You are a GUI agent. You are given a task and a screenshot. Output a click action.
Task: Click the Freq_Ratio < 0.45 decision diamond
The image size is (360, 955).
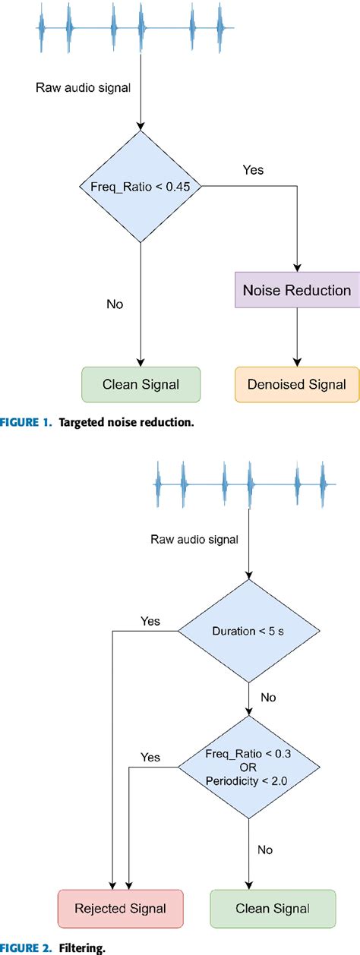pos(141,187)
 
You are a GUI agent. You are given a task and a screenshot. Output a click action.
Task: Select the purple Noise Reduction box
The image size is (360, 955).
pos(296,291)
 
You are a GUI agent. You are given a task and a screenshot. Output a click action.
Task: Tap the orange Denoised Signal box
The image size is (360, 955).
pos(295,384)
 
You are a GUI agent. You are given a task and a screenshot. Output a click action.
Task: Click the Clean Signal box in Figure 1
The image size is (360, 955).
pos(141,384)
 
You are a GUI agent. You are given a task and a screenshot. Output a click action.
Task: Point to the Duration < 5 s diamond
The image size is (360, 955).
pos(249,629)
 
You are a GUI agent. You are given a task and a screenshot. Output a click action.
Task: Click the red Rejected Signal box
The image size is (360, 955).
pos(120,909)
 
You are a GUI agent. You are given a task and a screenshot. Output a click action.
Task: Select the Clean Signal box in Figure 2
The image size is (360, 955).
pos(271,909)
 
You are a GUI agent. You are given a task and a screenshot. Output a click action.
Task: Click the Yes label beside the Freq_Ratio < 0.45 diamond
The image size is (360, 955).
pos(253,169)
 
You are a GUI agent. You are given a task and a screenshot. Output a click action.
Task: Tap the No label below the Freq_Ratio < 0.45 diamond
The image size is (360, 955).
pos(115,304)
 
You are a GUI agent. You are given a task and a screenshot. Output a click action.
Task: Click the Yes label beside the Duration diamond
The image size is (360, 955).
pos(150,621)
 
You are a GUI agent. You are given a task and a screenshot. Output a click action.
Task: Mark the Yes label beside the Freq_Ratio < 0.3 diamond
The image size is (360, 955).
pos(150,757)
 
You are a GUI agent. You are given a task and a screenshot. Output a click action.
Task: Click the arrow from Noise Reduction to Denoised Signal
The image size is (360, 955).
pos(295,337)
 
